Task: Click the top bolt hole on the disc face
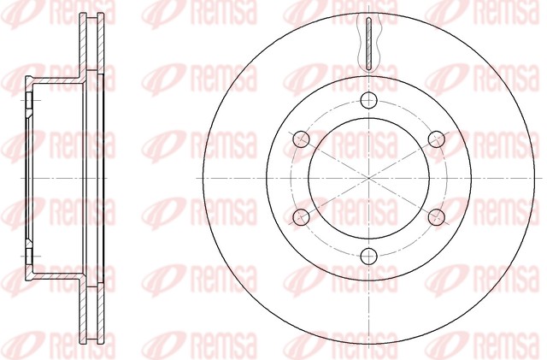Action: point(368,101)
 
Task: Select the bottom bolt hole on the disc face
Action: point(368,256)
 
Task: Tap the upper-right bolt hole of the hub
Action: point(437,139)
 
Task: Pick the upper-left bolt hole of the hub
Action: point(302,139)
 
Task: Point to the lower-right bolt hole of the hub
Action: point(437,217)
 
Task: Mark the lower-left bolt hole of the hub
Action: point(302,217)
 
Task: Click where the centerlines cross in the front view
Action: point(368,178)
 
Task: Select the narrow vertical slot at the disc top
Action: point(369,44)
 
